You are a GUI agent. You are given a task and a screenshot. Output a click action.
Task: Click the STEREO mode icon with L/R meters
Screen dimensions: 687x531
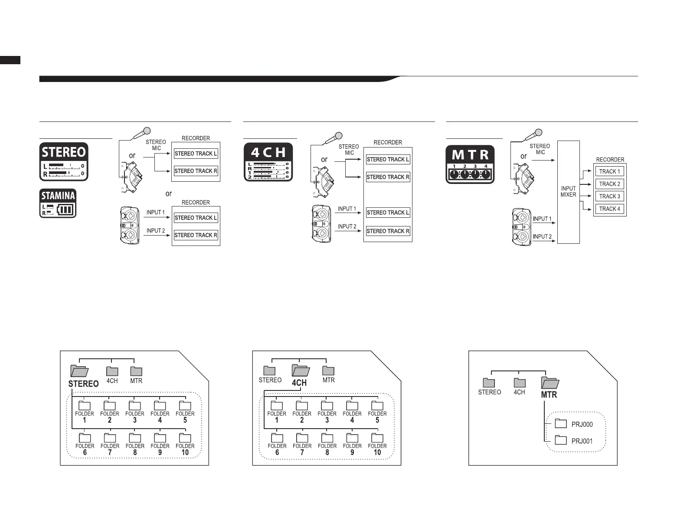[x=64, y=161]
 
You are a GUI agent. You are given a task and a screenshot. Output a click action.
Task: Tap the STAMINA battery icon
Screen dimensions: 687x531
[x=58, y=203]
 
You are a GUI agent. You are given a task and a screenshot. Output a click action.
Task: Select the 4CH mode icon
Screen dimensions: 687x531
[x=268, y=162]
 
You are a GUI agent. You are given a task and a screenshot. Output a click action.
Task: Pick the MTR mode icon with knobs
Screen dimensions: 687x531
[x=470, y=164]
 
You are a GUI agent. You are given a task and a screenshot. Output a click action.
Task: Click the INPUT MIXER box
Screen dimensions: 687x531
[x=568, y=192]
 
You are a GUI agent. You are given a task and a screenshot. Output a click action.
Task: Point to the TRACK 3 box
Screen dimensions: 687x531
[x=609, y=196]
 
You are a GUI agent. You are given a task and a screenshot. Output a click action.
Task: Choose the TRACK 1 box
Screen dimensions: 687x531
[x=609, y=171]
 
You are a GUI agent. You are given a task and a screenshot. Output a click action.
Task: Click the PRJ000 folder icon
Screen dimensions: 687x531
[x=561, y=423]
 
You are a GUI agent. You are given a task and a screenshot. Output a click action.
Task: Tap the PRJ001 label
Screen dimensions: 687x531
[x=582, y=441]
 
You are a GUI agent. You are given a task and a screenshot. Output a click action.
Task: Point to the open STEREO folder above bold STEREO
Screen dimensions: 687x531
[x=79, y=370]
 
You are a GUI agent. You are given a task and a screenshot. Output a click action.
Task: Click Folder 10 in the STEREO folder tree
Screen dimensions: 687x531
[x=185, y=438]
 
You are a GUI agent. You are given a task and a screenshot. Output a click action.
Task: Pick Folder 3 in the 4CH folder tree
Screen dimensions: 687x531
[x=327, y=406]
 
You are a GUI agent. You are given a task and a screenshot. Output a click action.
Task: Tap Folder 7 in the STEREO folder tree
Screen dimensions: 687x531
[x=110, y=438]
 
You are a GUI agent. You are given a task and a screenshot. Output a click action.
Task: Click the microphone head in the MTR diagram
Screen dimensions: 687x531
[x=539, y=132]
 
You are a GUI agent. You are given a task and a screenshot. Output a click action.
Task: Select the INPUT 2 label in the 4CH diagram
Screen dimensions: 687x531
[x=347, y=226]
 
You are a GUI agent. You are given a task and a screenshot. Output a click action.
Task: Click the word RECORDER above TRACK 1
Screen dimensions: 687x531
[x=610, y=160]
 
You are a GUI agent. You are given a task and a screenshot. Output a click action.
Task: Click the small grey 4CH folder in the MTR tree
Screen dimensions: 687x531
[x=520, y=383]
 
